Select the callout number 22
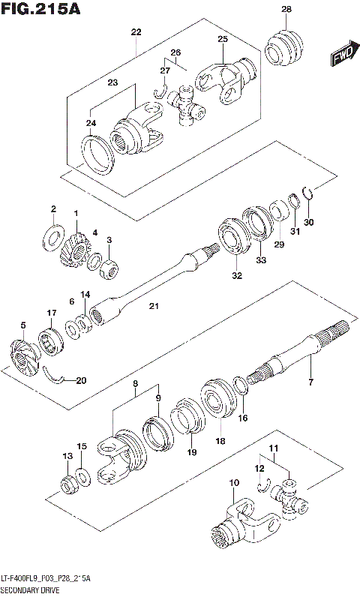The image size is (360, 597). click(136, 31)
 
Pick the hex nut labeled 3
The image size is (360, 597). click(109, 266)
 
